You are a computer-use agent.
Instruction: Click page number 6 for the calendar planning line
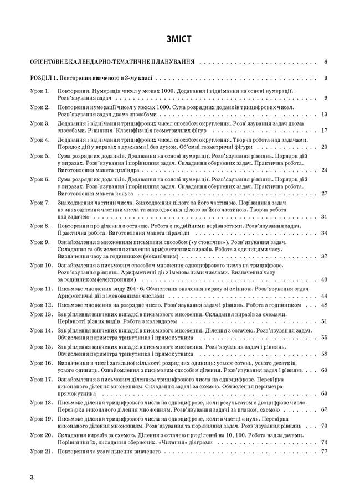326,62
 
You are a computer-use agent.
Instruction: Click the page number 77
325,436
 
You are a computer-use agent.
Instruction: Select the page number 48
325,305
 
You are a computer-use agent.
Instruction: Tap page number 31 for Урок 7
325,217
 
